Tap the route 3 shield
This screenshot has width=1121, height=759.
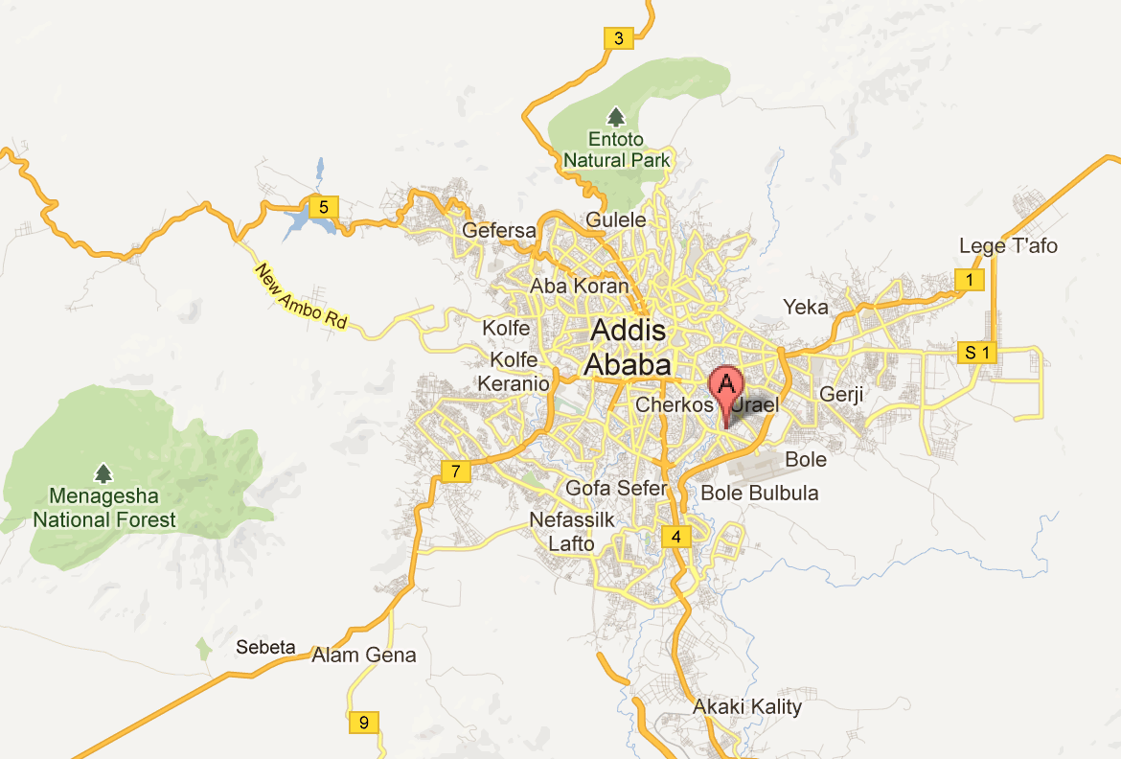[617, 38]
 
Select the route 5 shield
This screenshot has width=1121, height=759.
[324, 205]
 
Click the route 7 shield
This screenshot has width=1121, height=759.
[456, 471]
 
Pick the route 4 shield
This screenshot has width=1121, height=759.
[676, 536]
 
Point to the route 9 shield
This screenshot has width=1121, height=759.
[363, 722]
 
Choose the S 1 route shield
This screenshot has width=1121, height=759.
[976, 353]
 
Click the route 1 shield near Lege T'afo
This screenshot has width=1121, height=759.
[971, 280]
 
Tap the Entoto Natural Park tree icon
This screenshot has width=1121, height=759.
[616, 117]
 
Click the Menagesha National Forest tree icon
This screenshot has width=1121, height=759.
[103, 473]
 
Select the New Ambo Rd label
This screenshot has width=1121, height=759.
[301, 297]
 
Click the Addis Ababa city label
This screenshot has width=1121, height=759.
[628, 347]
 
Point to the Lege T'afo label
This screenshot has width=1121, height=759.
[1008, 246]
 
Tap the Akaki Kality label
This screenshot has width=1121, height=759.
[747, 707]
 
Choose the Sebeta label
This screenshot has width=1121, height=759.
[265, 648]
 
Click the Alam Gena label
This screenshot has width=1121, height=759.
[364, 655]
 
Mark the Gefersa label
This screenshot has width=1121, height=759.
[498, 230]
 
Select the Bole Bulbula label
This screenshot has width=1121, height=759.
[760, 494]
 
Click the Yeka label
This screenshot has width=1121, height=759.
[805, 307]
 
